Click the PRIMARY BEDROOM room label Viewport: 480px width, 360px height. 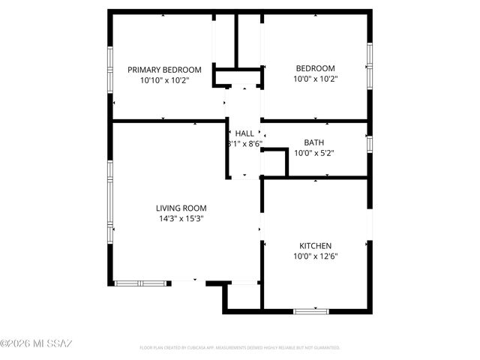163,69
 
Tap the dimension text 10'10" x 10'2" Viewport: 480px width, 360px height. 163,79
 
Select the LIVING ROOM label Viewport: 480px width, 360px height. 181,208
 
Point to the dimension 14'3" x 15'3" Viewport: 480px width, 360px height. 181,218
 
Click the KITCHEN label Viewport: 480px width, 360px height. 315,246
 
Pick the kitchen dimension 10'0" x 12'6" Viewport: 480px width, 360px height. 315,256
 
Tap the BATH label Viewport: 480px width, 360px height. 313,142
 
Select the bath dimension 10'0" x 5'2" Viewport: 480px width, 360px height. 313,152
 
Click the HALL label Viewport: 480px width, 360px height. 244,133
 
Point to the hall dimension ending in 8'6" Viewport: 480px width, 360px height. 244,143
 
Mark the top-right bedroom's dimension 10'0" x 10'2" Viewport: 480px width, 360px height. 315,78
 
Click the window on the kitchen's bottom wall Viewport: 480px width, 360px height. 311,310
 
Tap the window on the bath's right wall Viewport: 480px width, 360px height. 369,144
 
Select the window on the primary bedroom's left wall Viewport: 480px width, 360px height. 111,68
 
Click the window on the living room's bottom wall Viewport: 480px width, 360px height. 139,283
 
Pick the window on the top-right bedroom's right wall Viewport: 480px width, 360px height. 369,66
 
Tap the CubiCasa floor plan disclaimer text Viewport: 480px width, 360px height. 240,348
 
